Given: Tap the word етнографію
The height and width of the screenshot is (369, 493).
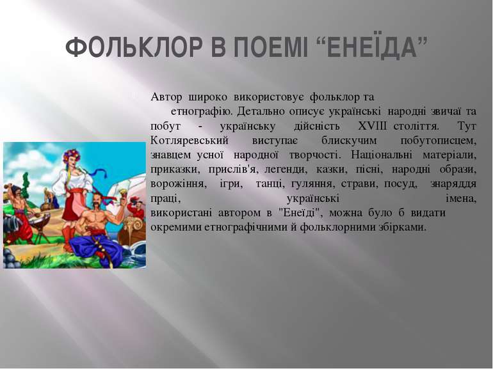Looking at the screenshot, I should (x=199, y=111).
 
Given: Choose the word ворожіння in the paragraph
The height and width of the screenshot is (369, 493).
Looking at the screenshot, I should (x=178, y=184).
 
